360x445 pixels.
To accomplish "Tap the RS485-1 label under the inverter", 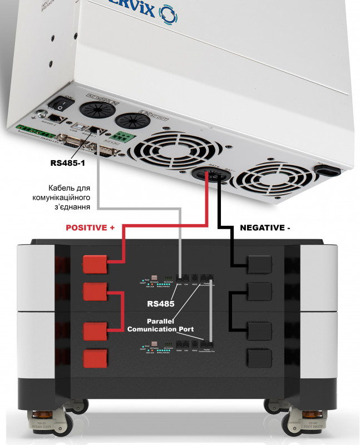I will (68, 164).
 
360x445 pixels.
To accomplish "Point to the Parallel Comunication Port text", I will (161, 325).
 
